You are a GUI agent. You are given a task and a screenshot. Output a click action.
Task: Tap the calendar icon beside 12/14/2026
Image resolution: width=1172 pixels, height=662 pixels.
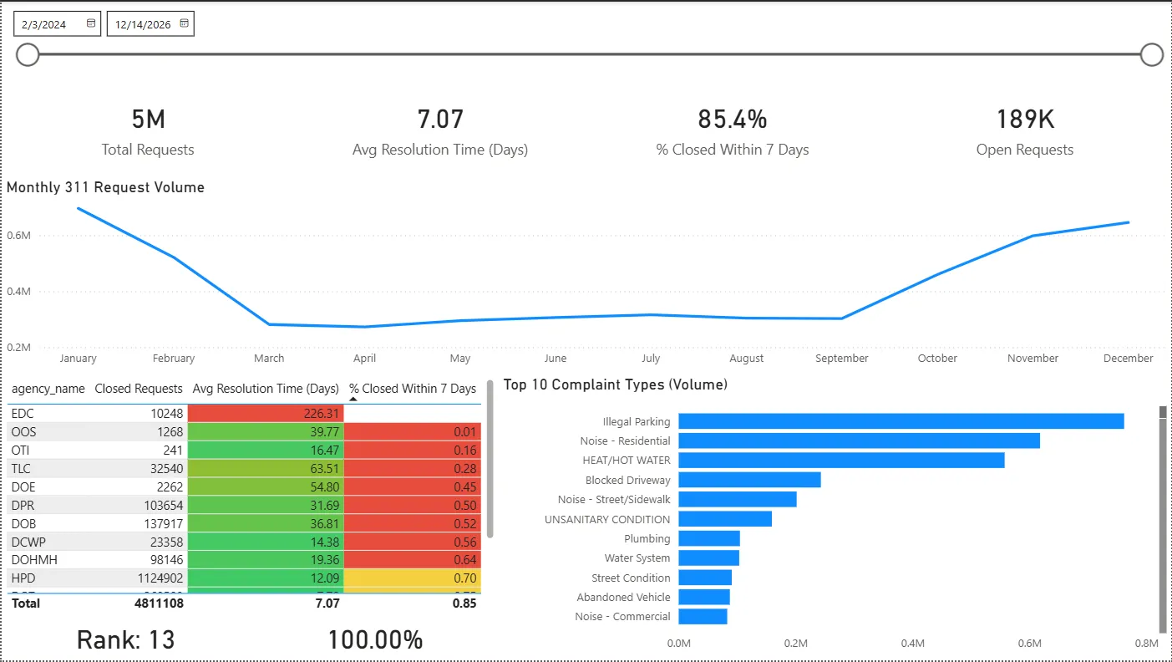coord(185,24)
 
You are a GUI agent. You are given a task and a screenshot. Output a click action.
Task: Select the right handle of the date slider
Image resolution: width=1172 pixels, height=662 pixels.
coord(1152,55)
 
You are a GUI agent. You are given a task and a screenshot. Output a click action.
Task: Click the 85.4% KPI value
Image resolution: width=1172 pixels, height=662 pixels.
coord(733,120)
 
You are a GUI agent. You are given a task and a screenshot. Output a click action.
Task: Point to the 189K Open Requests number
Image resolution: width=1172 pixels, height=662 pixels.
coord(1025,120)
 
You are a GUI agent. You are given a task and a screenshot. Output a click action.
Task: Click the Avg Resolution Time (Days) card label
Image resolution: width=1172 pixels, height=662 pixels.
coord(440,150)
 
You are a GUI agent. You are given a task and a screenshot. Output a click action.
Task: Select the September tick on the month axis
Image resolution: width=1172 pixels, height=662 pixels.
coord(842,359)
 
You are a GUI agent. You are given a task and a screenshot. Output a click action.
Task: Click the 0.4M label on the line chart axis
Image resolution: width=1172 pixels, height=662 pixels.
coord(18,292)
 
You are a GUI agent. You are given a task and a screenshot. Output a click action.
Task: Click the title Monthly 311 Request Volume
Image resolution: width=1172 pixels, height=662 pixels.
coord(106,188)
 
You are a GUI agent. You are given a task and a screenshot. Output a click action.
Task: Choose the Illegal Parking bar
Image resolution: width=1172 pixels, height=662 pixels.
coord(901,421)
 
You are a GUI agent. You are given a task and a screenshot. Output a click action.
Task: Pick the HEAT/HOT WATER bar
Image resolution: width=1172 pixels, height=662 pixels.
coord(841,460)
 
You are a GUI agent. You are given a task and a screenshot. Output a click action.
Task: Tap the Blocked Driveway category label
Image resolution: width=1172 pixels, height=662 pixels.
coord(627,481)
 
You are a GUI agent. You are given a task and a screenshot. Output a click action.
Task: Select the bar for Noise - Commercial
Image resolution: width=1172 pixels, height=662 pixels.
coord(703,616)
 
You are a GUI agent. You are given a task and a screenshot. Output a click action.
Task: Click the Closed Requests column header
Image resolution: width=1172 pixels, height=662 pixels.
coord(139,389)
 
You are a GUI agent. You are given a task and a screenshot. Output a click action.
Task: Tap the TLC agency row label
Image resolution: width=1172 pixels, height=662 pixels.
coord(22,469)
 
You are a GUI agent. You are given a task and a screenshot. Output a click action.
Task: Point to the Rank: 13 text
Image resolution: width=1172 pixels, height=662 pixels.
coord(126,640)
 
